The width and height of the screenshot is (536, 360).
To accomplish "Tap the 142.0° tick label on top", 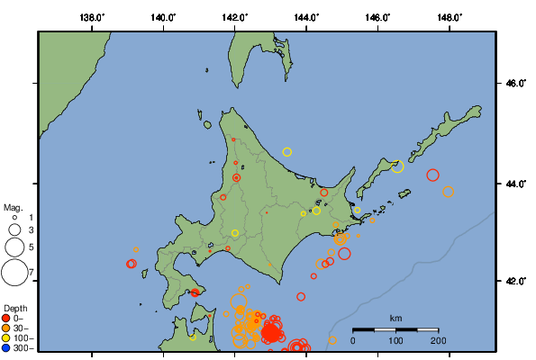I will [235, 17].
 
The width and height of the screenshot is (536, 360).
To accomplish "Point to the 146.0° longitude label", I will [377, 17].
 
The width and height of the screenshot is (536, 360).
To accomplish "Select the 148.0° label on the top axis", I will [449, 17].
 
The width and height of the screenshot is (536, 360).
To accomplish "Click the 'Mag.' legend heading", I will [13, 207].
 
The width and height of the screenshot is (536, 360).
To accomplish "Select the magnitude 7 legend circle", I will [14, 271].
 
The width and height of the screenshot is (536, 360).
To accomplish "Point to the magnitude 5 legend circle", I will [14, 246].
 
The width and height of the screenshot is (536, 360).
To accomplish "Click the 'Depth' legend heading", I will [14, 308].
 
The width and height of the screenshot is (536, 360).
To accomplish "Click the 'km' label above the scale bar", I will [395, 319].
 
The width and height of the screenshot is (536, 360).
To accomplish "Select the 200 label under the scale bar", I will [439, 340].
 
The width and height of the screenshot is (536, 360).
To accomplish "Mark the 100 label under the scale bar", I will [395, 340].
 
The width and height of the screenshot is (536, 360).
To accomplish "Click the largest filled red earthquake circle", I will [270, 333].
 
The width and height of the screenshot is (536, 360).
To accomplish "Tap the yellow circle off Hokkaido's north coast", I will [287, 152].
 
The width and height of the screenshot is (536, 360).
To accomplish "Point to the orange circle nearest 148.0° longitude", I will [448, 192].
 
